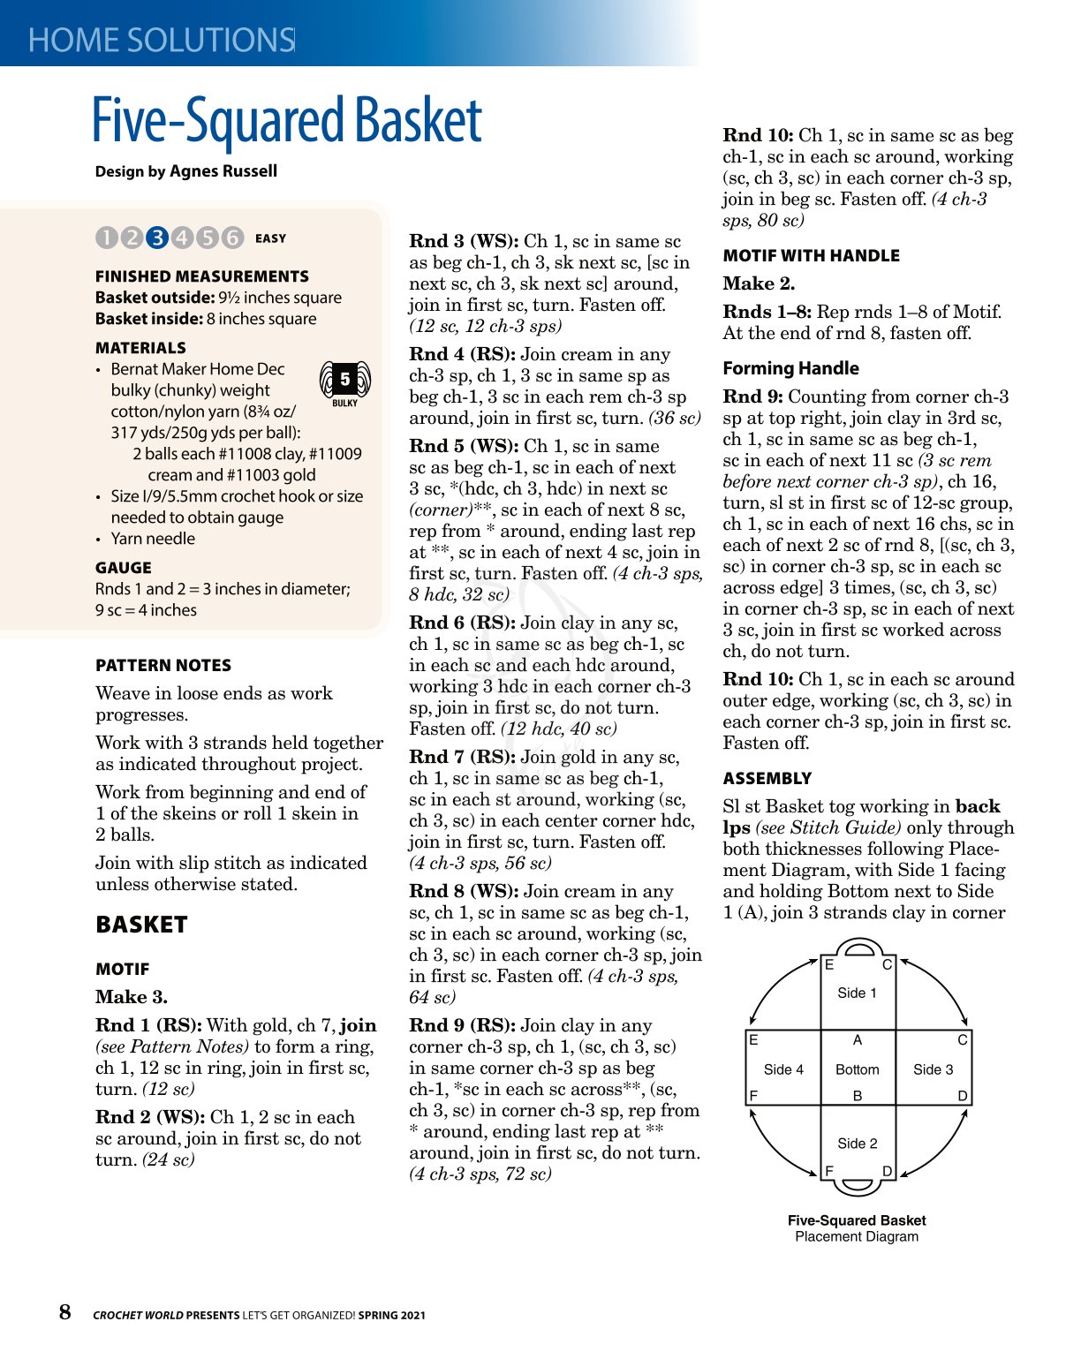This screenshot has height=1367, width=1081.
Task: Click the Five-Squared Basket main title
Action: (x=287, y=121)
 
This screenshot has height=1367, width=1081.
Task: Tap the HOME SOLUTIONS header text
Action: (x=161, y=40)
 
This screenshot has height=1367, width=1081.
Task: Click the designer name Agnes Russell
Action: (x=223, y=171)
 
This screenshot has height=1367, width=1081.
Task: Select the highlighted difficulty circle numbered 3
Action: (x=157, y=238)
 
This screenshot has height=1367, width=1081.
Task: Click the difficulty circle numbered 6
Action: (x=232, y=238)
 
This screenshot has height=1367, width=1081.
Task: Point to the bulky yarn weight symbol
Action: (x=344, y=382)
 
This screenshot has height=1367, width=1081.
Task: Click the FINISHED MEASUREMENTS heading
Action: (x=202, y=276)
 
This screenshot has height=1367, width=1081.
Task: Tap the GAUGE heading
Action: (x=124, y=568)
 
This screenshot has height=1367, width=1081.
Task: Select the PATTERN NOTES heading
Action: (x=163, y=666)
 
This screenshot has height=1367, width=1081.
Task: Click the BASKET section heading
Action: (x=141, y=925)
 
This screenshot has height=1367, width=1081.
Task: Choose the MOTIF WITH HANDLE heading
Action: (x=811, y=256)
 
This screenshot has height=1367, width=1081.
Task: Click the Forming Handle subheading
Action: (x=790, y=368)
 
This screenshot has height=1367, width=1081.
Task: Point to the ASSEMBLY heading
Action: (x=767, y=779)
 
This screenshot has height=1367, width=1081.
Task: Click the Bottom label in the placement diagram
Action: (x=858, y=1069)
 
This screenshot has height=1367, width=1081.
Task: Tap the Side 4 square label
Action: (x=783, y=1069)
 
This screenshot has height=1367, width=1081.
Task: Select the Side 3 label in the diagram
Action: (x=933, y=1069)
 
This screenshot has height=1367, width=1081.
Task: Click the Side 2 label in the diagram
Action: (x=858, y=1144)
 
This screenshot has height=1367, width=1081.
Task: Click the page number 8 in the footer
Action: (x=65, y=1312)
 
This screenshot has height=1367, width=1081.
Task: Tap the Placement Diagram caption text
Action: (x=857, y=1236)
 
